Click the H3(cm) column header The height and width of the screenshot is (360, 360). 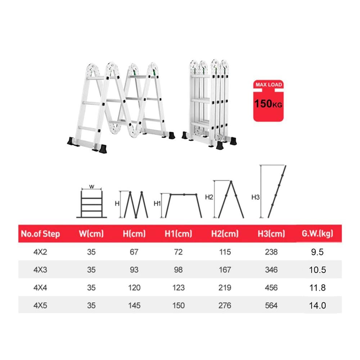point(271,234)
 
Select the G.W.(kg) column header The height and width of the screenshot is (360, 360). point(317,234)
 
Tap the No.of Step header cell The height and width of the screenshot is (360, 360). point(40,234)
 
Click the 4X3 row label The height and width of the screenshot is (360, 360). point(40,270)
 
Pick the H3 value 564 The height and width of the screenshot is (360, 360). point(271,305)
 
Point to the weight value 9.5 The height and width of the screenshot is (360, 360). point(317,252)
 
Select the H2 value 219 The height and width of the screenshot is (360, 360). point(225,287)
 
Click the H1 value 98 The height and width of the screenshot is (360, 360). point(179,270)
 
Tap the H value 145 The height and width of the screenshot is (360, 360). point(134,305)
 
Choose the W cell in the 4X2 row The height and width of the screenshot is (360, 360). point(91,252)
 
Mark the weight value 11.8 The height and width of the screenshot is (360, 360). point(317,287)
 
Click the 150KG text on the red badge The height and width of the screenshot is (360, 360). point(268,104)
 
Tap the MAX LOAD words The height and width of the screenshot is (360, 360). point(269,85)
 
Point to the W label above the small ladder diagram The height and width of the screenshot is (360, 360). point(91,186)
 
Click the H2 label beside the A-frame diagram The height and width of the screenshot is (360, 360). point(209,197)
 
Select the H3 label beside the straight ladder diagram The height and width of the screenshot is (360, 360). point(255,197)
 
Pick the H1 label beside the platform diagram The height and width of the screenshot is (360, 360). point(157,203)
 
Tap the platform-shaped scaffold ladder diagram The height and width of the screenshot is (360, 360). point(184,206)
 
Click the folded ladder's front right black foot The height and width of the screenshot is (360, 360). point(220,145)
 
